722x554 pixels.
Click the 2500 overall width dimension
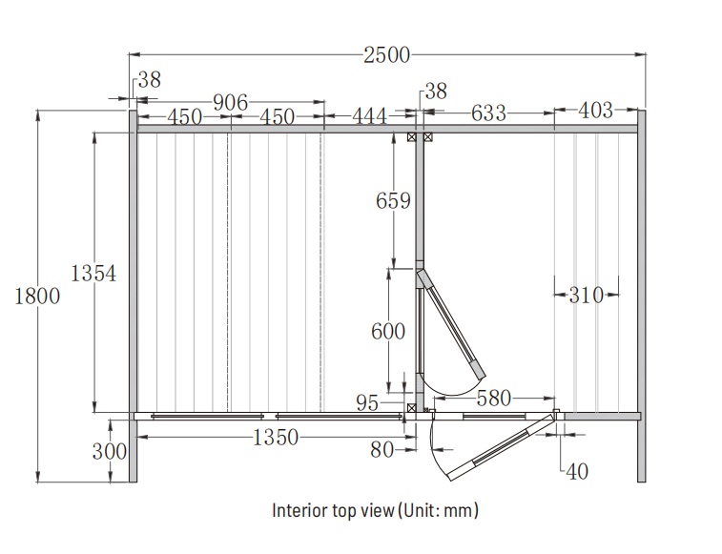386,54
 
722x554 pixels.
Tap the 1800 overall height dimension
37,296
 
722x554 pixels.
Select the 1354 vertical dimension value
93,273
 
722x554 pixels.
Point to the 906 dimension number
230,102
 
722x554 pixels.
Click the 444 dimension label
370,116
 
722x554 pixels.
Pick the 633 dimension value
488,113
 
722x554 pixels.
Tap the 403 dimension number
596,110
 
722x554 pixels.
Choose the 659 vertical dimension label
393,200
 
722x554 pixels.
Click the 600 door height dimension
388,331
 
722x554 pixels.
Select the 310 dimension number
587,295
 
